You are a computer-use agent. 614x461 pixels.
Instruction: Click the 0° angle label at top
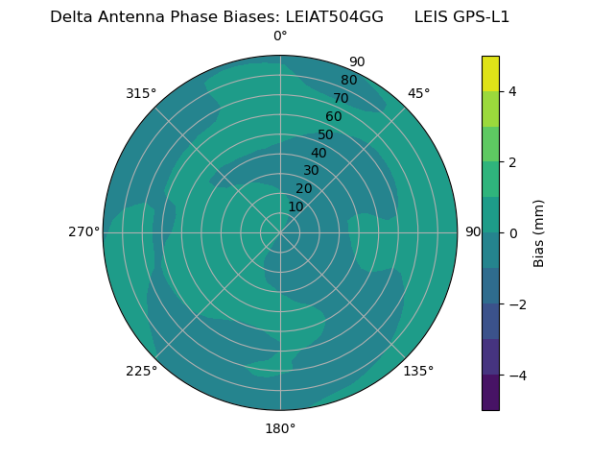coord(280,36)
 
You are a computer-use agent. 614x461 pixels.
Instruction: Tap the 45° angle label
coord(418,93)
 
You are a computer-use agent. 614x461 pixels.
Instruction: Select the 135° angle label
coord(418,371)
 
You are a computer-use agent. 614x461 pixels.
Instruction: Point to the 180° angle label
coord(280,428)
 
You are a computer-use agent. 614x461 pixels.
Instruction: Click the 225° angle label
coord(141,372)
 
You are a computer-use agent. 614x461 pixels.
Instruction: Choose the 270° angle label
coord(83,231)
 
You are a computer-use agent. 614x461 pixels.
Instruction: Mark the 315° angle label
coord(141,93)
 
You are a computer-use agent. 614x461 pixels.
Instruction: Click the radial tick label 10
coord(295,207)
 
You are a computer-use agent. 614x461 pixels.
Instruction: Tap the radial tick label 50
coord(326,135)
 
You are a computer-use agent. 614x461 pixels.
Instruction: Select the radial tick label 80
coord(348,81)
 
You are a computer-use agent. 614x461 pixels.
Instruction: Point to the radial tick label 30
coord(311,171)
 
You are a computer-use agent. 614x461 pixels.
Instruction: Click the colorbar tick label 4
coord(512,91)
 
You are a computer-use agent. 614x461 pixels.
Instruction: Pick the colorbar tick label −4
coord(515,376)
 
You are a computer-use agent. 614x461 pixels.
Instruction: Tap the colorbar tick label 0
coord(512,233)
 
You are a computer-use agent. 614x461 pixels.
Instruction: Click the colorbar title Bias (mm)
coord(539,233)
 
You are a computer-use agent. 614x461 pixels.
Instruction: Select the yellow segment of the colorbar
coord(490,73)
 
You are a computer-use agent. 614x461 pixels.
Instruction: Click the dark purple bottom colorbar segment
coord(490,393)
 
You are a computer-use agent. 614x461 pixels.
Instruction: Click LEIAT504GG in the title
coord(334,17)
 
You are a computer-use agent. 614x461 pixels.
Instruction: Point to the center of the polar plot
coord(280,232)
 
